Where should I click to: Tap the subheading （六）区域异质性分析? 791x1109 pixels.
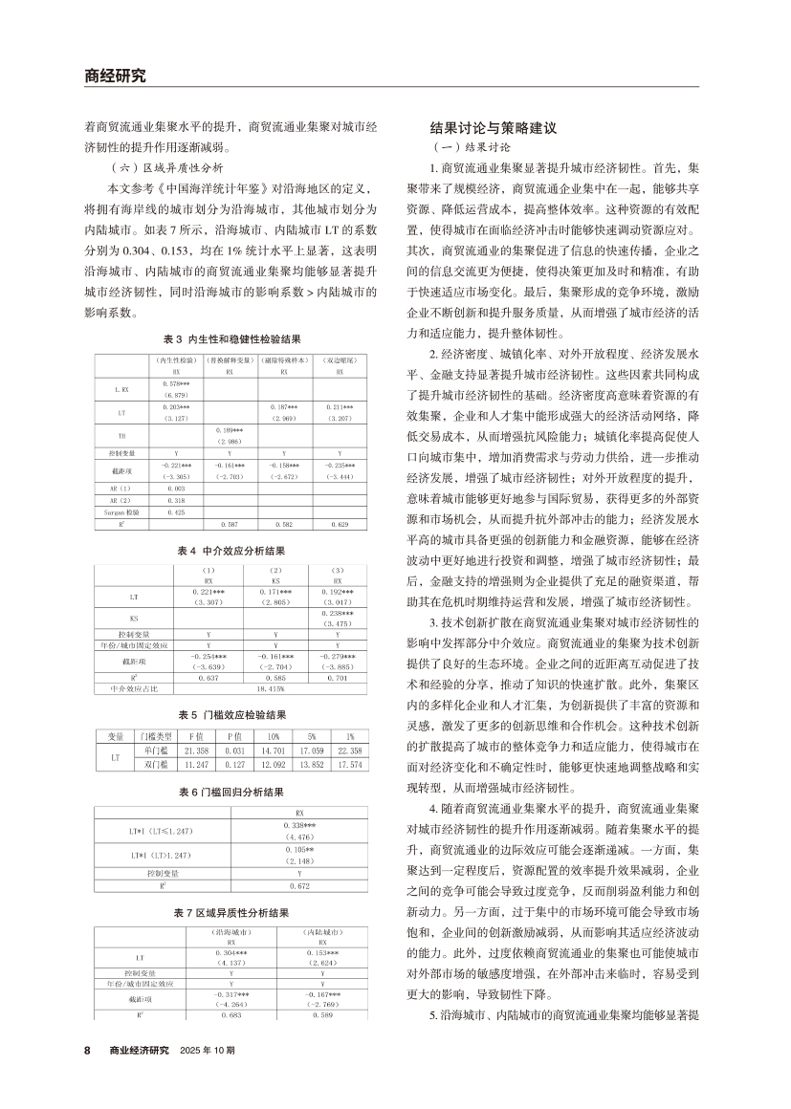166,165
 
